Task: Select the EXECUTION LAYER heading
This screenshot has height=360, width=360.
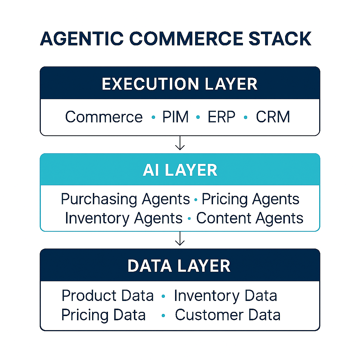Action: pyautogui.click(x=180, y=84)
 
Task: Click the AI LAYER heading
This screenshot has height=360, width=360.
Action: pyautogui.click(x=180, y=171)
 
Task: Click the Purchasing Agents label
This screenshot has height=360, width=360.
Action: pyautogui.click(x=126, y=199)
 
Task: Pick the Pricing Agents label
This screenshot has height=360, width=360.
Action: pyautogui.click(x=250, y=199)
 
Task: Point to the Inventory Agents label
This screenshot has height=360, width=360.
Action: pyautogui.click(x=124, y=218)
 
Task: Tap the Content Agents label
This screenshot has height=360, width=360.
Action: pyautogui.click(x=250, y=218)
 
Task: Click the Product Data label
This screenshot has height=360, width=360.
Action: pyautogui.click(x=108, y=296)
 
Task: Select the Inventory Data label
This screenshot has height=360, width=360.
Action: pyautogui.click(x=225, y=296)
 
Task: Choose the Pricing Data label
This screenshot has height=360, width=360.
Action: pyautogui.click(x=103, y=315)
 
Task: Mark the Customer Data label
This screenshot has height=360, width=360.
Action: pyautogui.click(x=227, y=315)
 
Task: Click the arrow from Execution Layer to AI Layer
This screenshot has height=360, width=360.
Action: pyautogui.click(x=180, y=143)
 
